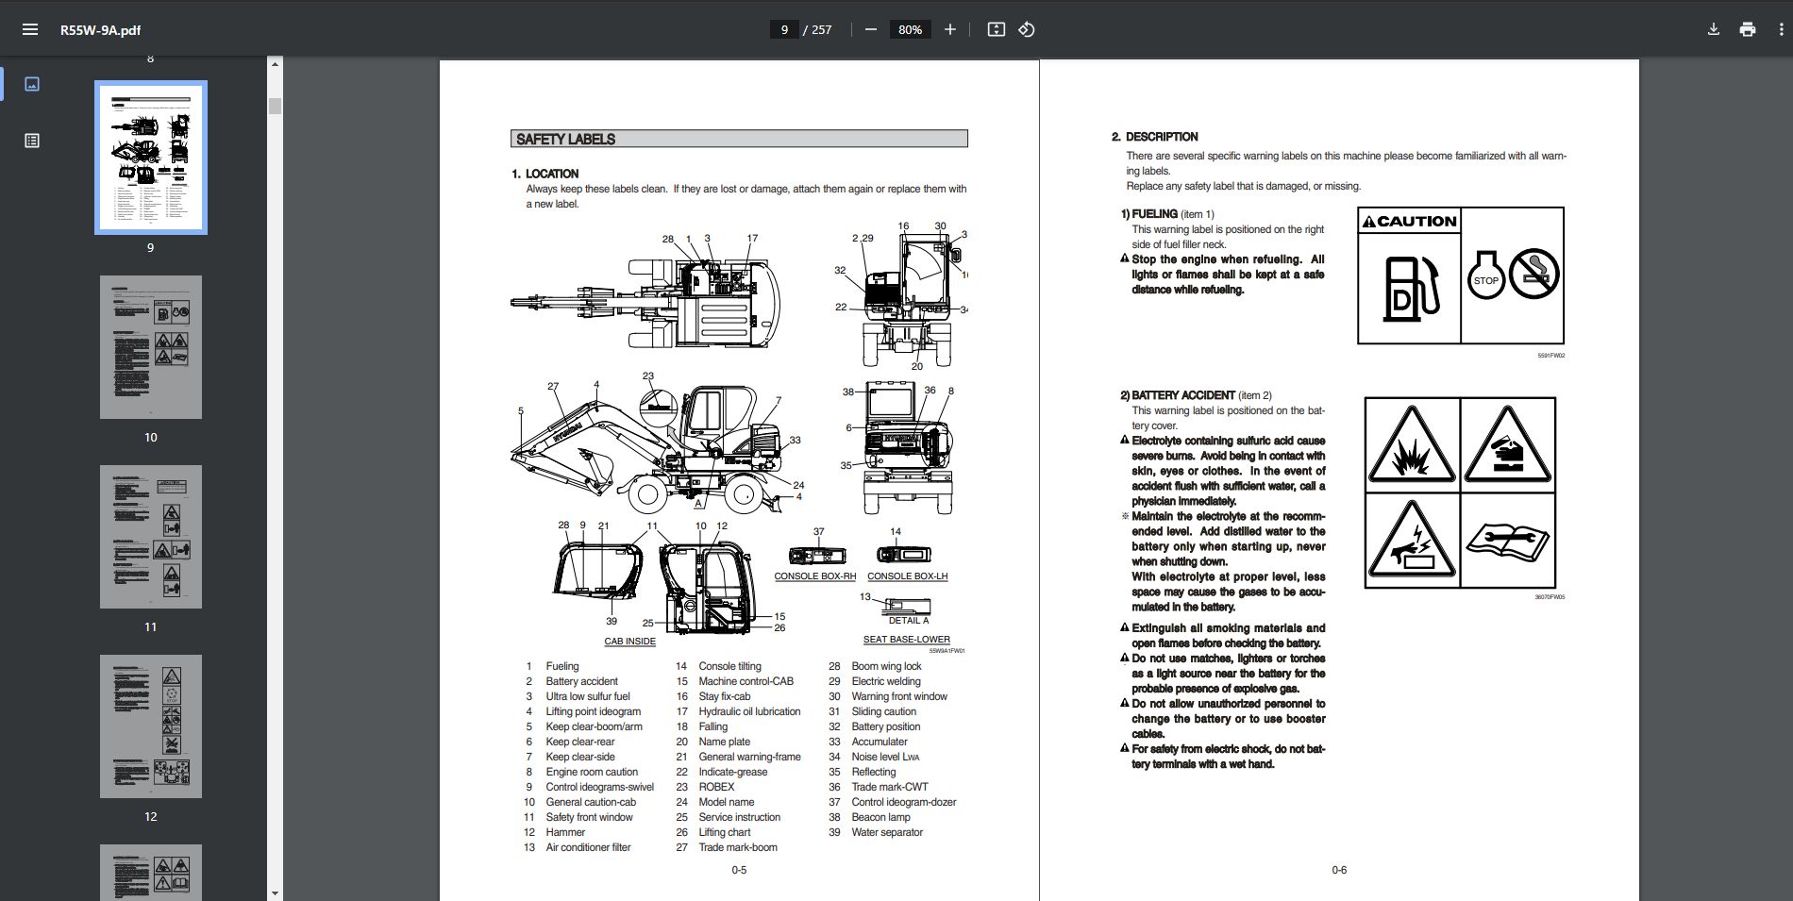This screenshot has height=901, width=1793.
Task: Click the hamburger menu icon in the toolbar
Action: pyautogui.click(x=30, y=29)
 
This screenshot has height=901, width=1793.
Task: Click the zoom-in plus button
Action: pyautogui.click(x=950, y=29)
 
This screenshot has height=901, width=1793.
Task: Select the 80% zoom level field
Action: pyautogui.click(x=910, y=29)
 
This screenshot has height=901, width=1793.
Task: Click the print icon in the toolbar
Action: pyautogui.click(x=1748, y=29)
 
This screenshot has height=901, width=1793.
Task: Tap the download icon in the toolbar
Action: pyautogui.click(x=1714, y=29)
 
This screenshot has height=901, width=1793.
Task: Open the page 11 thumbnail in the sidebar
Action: pyautogui.click(x=151, y=537)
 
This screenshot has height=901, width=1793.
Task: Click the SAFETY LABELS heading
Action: pyautogui.click(x=566, y=139)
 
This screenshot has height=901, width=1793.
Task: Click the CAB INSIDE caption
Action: pyautogui.click(x=629, y=642)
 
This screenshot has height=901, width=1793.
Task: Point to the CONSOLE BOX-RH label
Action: pyautogui.click(x=814, y=576)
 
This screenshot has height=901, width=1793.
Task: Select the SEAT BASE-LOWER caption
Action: pyautogui.click(x=906, y=640)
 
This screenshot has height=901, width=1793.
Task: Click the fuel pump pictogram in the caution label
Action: pyautogui.click(x=1411, y=289)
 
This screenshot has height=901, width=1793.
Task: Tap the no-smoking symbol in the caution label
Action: pyautogui.click(x=1533, y=275)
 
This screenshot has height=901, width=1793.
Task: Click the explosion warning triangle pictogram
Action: pyautogui.click(x=1412, y=445)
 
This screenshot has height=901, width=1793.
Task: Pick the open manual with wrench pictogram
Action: pyautogui.click(x=1507, y=541)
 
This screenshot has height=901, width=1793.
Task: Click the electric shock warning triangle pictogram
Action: pyautogui.click(x=1412, y=542)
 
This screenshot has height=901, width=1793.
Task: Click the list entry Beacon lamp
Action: pyautogui.click(x=880, y=817)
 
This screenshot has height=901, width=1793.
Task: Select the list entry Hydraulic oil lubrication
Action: pyautogui.click(x=749, y=711)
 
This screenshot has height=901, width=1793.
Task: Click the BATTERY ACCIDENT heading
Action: pyautogui.click(x=1182, y=395)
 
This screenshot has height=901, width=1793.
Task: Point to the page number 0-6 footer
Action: pyautogui.click(x=1339, y=870)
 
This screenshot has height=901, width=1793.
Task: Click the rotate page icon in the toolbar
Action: pyautogui.click(x=1027, y=29)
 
